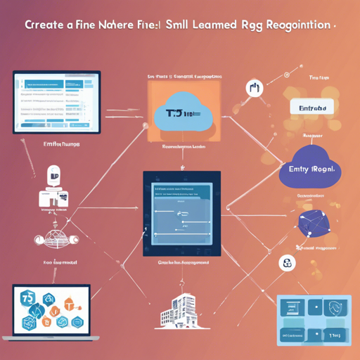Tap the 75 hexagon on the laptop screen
(x=28, y=298)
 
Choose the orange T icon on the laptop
(x=69, y=304)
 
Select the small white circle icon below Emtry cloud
(x=287, y=264)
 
